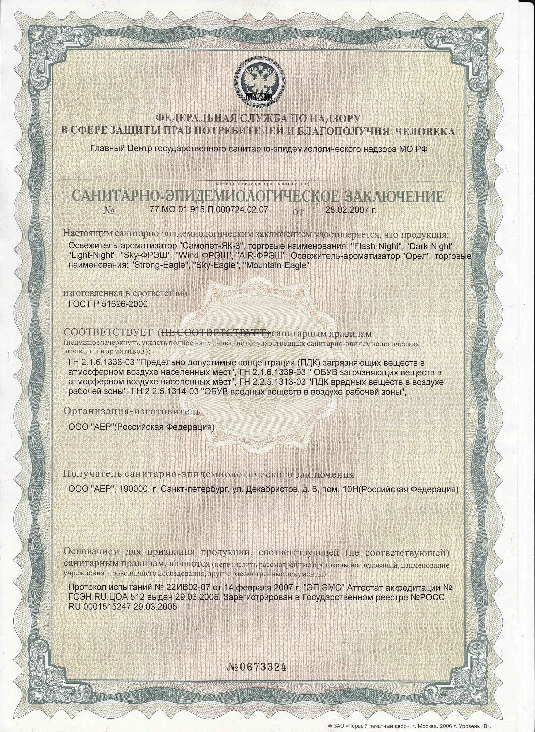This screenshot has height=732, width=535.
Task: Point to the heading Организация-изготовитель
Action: [x=132, y=411]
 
